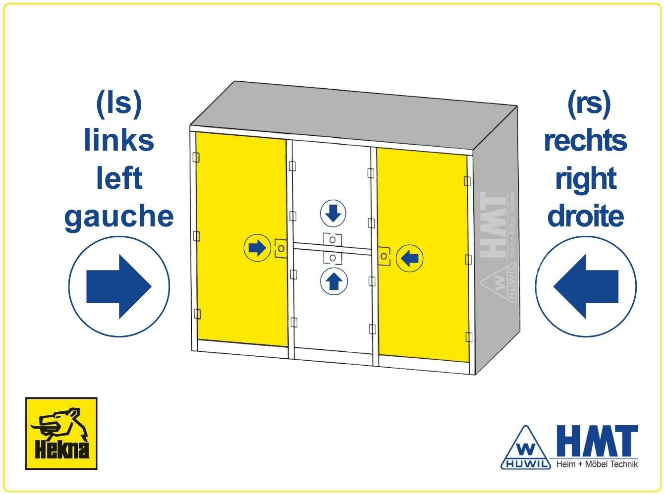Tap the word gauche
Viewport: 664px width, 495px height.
point(119,217)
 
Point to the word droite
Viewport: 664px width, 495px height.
point(586,216)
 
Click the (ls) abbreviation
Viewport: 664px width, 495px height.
point(119,104)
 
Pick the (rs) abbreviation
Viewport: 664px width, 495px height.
point(589,104)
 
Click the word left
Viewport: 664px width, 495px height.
point(119,178)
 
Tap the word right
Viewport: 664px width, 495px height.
point(586,179)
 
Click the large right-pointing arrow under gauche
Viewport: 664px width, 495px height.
point(119,286)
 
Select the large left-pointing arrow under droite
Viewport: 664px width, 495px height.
point(586,286)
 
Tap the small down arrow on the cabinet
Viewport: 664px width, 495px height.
point(333,214)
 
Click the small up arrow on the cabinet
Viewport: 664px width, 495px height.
point(333,281)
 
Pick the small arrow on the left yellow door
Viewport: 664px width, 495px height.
point(257,248)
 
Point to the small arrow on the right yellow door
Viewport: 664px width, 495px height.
point(409,259)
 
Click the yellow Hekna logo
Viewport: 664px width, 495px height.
point(61,434)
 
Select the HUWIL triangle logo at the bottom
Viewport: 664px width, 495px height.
point(526,448)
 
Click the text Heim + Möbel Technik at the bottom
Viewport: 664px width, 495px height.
point(597,464)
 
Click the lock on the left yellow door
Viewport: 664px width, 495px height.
point(281,249)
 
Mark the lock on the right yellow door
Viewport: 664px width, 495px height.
point(384,257)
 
